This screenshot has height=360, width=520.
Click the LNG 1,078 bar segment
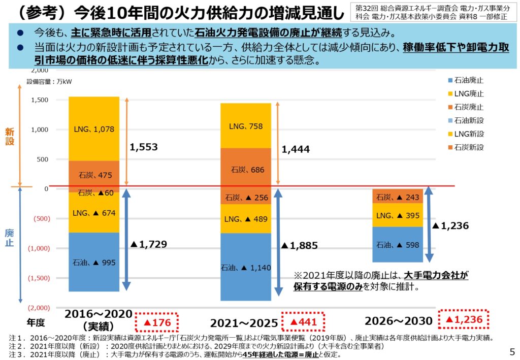pyautogui.click(x=94, y=128)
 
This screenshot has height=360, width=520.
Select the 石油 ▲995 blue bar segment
pyautogui.click(x=94, y=262)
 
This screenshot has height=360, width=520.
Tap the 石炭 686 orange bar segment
pyautogui.click(x=246, y=170)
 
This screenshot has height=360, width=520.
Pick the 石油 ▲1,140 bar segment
pyautogui.click(x=246, y=268)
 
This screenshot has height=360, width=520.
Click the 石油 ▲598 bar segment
pyautogui.click(x=398, y=245)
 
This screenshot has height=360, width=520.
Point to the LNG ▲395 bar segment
pyautogui.click(x=398, y=215)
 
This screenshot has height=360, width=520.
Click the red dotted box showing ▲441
pyautogui.click(x=303, y=322)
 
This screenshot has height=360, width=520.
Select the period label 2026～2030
pyautogui.click(x=399, y=321)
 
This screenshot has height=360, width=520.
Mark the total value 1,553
pyautogui.click(x=144, y=147)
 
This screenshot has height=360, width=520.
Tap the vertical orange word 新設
pyautogui.click(x=10, y=136)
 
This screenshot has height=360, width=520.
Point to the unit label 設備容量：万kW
pyautogui.click(x=49, y=81)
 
